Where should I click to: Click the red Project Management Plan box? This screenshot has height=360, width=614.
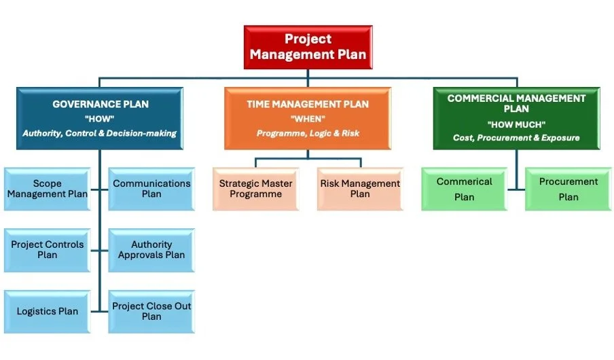[x=308, y=47]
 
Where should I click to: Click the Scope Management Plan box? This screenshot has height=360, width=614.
[x=47, y=189]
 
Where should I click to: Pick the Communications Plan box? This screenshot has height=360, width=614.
[x=151, y=189]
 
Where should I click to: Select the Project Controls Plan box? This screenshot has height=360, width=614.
[x=47, y=250]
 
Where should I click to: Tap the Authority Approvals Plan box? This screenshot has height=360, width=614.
[x=151, y=250]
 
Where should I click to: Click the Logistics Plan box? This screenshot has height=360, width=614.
[x=47, y=311]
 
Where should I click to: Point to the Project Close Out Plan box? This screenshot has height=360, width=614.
[x=151, y=311]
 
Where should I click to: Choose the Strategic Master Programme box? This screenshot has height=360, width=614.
[x=255, y=189]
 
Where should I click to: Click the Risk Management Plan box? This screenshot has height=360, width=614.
[x=360, y=189]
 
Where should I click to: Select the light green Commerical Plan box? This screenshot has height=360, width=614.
[x=464, y=189]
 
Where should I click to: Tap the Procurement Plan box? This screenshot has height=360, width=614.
[x=568, y=189]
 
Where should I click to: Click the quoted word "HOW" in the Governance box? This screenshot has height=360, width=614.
[x=99, y=119]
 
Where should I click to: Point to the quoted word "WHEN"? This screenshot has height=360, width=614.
[x=307, y=119]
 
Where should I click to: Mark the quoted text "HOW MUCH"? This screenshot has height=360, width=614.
[x=516, y=124]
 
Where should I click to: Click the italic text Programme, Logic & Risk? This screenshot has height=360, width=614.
[x=307, y=134]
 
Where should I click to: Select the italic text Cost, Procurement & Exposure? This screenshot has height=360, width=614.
[x=516, y=138]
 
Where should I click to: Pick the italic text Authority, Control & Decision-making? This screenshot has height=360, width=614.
[x=99, y=134]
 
